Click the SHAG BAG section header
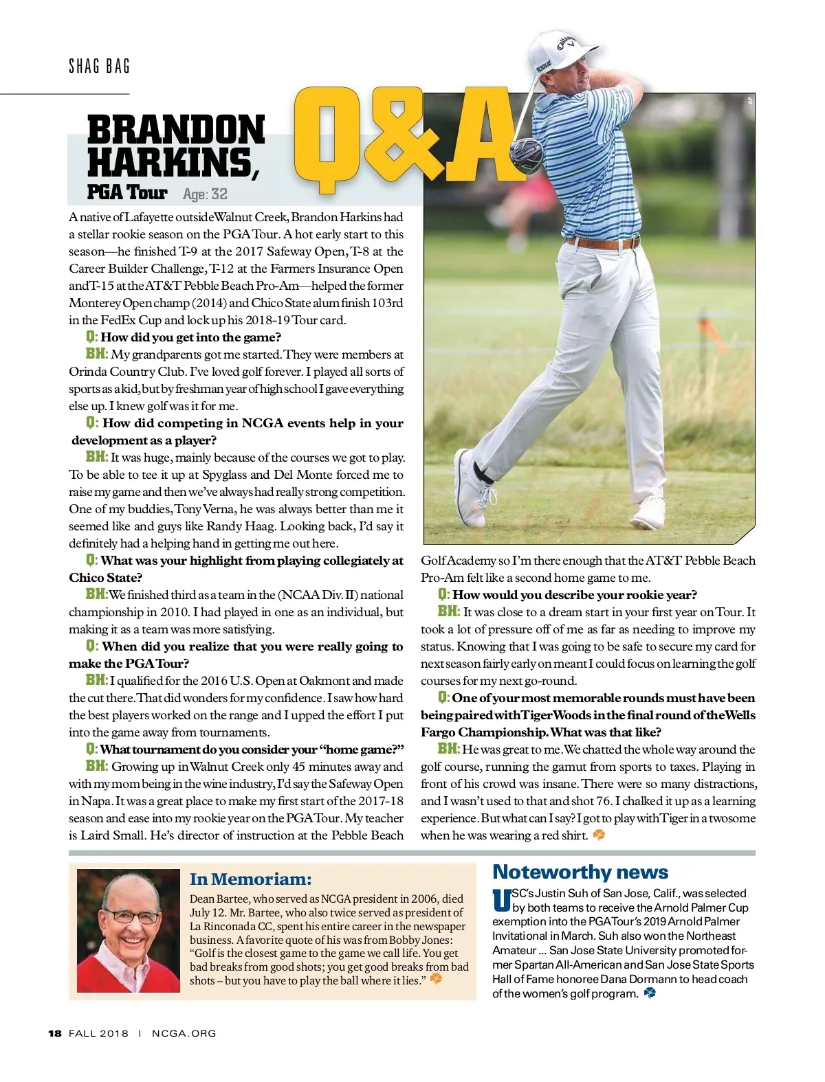point(100,67)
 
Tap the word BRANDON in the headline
point(176,130)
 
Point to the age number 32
point(219,194)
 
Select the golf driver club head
point(527,152)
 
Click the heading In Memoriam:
point(250,879)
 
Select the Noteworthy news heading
point(580,872)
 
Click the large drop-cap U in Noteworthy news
point(501,901)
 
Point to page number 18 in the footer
point(55,1033)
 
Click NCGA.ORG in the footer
point(184,1033)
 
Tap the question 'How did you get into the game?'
point(190,337)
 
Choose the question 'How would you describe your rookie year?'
point(574,595)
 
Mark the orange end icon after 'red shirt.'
point(599,835)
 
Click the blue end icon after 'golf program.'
point(650,993)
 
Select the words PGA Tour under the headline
point(127,192)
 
